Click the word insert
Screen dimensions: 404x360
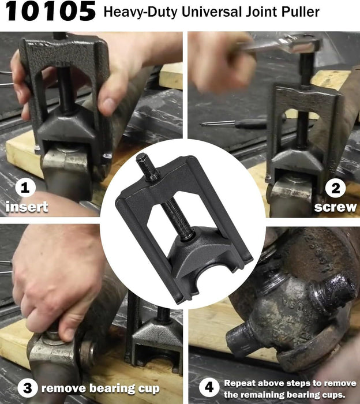click(x=27, y=207)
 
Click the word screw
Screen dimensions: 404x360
click(x=335, y=206)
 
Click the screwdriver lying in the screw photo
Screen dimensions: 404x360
click(x=237, y=123)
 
